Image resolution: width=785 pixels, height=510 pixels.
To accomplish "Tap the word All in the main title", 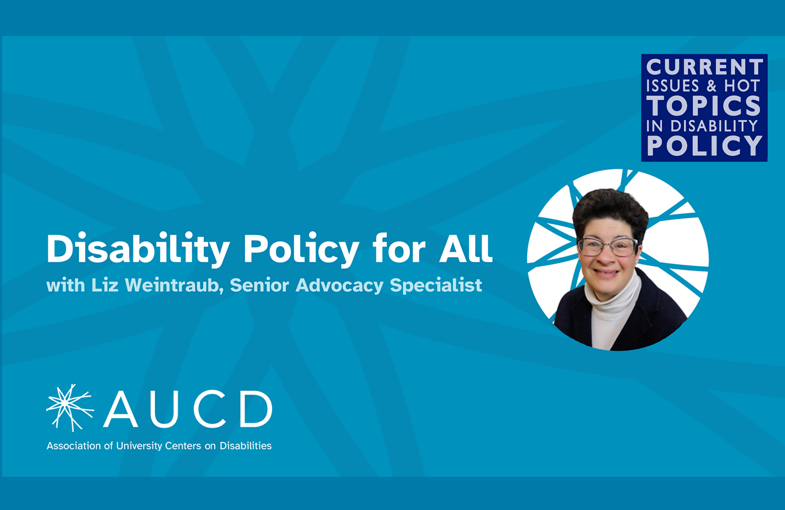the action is pos(466,248).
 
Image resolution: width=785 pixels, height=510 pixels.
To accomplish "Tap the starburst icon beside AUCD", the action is pos(70,408).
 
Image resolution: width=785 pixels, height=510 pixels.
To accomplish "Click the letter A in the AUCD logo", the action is pos(120,409).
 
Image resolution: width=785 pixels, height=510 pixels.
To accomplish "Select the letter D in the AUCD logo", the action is pos(256,409).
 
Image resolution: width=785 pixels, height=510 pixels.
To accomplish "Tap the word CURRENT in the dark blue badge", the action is pos(704,66).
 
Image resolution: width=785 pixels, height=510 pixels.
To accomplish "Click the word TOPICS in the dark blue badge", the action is pos(704,106).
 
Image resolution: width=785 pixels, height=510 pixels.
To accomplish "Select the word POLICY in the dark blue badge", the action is pos(704,145).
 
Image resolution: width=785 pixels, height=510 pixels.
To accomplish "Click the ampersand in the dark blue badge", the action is pos(712,86).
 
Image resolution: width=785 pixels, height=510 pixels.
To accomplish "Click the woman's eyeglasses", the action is pos(608,247).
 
